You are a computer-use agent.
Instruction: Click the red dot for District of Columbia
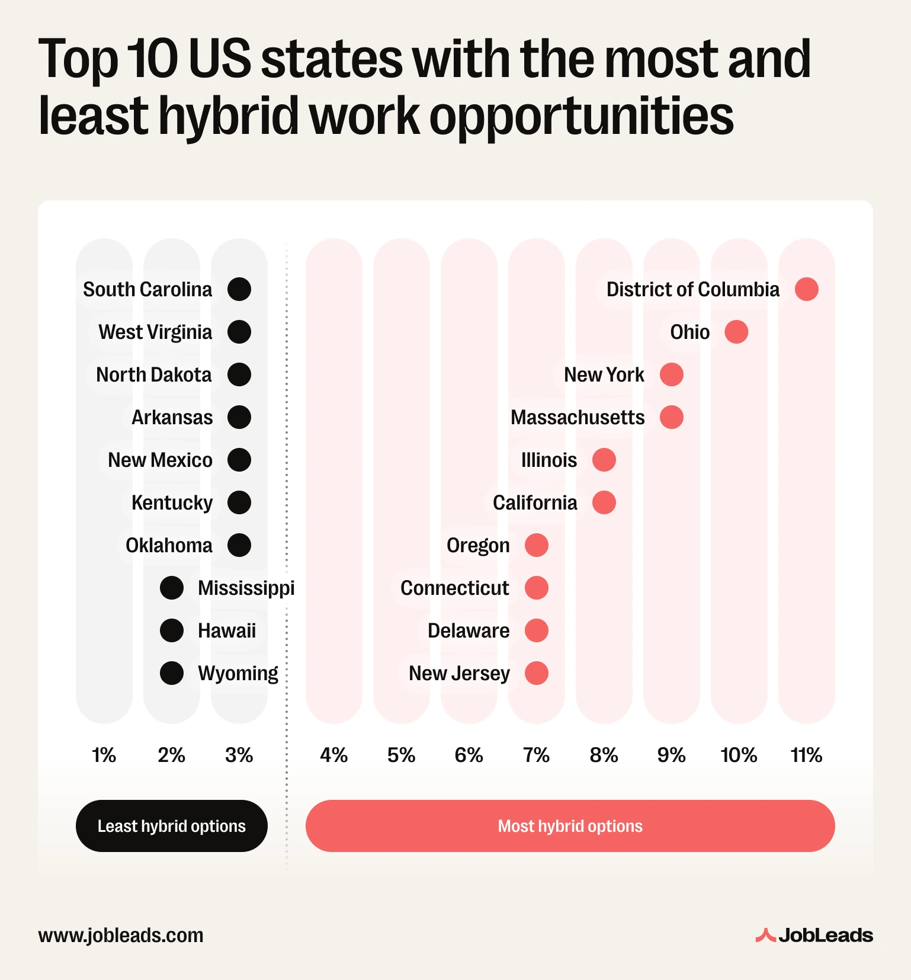pyautogui.click(x=806, y=289)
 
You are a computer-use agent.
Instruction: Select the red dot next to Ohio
pyautogui.click(x=736, y=332)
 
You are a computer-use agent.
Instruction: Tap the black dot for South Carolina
pyautogui.click(x=239, y=289)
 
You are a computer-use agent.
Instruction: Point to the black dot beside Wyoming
pyautogui.click(x=172, y=673)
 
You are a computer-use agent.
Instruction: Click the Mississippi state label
pyautogui.click(x=246, y=588)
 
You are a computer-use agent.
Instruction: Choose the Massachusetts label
pyautogui.click(x=578, y=417)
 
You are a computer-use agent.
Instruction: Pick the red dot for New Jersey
pyautogui.click(x=537, y=673)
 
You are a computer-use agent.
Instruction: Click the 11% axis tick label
pyautogui.click(x=806, y=755)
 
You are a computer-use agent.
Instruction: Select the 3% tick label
pyautogui.click(x=239, y=755)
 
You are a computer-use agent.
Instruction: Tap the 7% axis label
pyautogui.click(x=537, y=755)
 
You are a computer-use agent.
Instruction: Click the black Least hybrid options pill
pyautogui.click(x=172, y=826)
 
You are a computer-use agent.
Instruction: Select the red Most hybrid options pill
pyautogui.click(x=570, y=826)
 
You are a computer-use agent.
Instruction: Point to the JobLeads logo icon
pyautogui.click(x=765, y=935)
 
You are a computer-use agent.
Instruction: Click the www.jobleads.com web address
pyautogui.click(x=121, y=935)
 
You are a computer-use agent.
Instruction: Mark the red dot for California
pyautogui.click(x=604, y=502)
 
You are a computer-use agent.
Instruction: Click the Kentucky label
pyautogui.click(x=172, y=502)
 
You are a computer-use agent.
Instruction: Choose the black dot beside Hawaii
pyautogui.click(x=172, y=630)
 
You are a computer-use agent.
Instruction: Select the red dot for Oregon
pyautogui.click(x=537, y=545)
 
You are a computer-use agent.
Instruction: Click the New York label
pyautogui.click(x=604, y=374)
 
